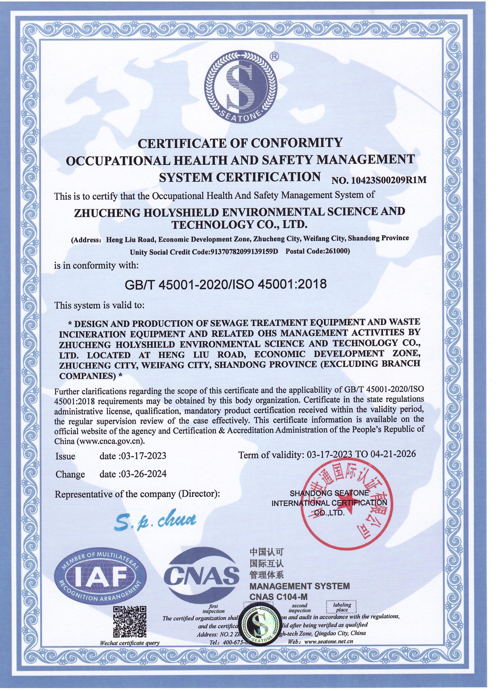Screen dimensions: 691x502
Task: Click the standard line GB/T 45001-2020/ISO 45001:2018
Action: tap(226, 284)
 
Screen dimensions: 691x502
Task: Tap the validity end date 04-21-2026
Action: tap(393, 454)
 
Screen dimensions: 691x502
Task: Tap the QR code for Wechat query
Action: tap(129, 622)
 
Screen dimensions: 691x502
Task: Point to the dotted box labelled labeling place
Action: tap(342, 608)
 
